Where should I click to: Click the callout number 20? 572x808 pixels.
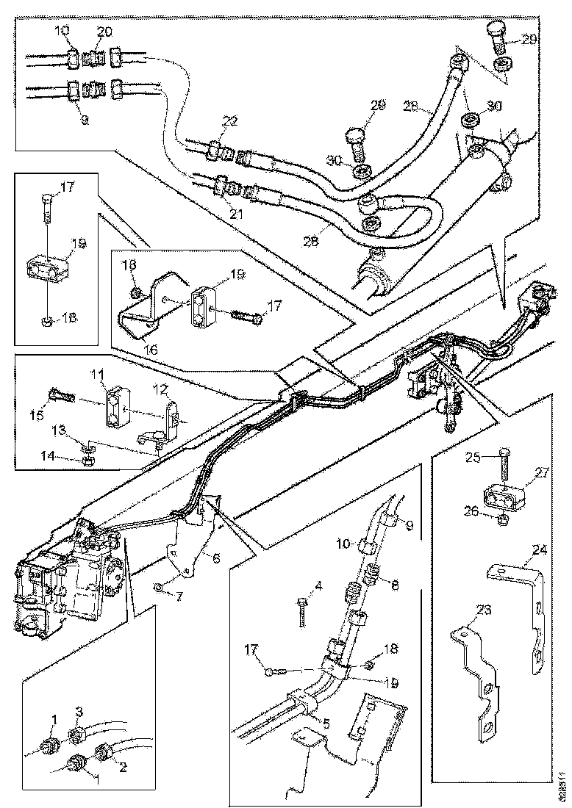pyautogui.click(x=105, y=31)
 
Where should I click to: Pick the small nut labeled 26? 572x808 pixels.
pyautogui.click(x=502, y=520)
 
